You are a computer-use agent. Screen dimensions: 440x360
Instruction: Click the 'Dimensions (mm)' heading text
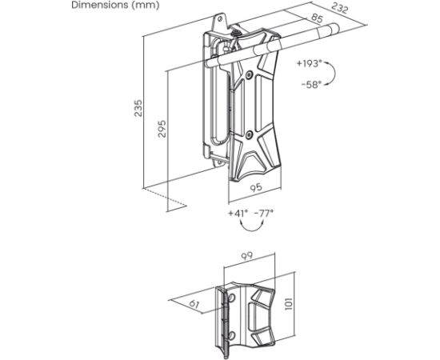(x=115, y=5)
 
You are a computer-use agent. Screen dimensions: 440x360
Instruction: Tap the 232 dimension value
(x=339, y=8)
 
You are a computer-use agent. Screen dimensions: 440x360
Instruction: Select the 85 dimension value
(x=317, y=18)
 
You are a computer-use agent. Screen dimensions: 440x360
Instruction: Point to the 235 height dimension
(x=138, y=108)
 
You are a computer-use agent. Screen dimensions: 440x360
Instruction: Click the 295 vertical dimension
(x=162, y=129)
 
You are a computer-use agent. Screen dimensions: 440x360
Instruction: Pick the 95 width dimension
(x=256, y=188)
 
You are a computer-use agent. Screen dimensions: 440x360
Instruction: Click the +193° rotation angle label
(x=309, y=64)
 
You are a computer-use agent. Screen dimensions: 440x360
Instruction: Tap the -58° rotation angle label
(x=311, y=84)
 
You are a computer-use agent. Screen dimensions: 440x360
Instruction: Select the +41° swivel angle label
(x=238, y=214)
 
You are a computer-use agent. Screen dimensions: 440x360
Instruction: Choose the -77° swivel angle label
(x=264, y=214)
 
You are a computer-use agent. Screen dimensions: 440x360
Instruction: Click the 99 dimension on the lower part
(x=246, y=257)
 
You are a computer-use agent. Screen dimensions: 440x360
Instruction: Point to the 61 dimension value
(x=194, y=304)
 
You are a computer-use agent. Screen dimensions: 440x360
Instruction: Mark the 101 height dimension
(x=289, y=304)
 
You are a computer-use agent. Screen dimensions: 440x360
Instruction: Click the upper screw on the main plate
(x=249, y=74)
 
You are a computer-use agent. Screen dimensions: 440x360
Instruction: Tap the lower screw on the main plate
(x=249, y=135)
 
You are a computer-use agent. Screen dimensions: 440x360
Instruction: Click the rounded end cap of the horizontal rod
(x=334, y=29)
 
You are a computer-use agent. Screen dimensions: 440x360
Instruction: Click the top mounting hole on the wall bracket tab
(x=220, y=19)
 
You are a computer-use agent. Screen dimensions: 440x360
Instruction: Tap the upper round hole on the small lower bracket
(x=232, y=297)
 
